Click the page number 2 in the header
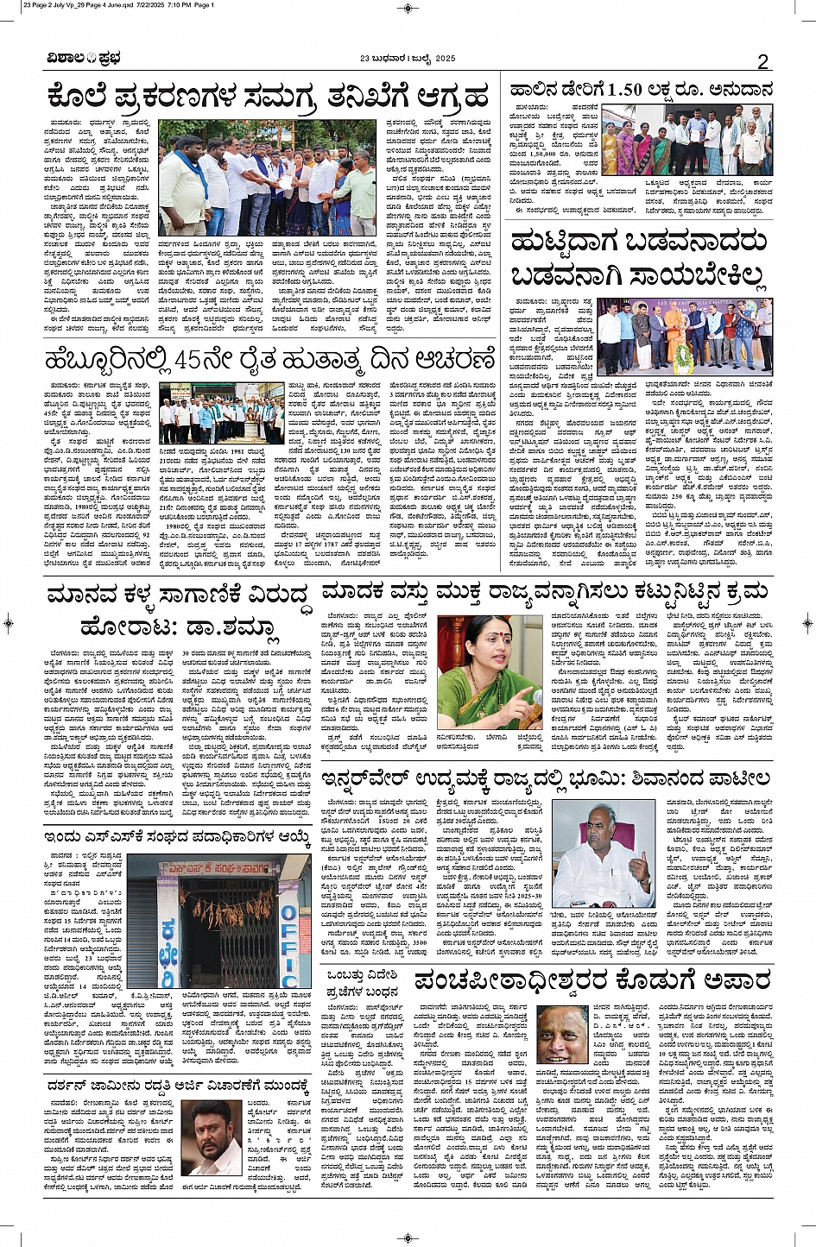click(762, 60)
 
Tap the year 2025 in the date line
click(440, 59)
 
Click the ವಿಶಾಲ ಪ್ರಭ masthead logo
click(84, 59)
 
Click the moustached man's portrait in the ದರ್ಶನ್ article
click(215, 1137)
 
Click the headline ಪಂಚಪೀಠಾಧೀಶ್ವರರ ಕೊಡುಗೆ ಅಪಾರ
click(591, 982)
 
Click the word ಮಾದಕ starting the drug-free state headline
click(355, 592)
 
